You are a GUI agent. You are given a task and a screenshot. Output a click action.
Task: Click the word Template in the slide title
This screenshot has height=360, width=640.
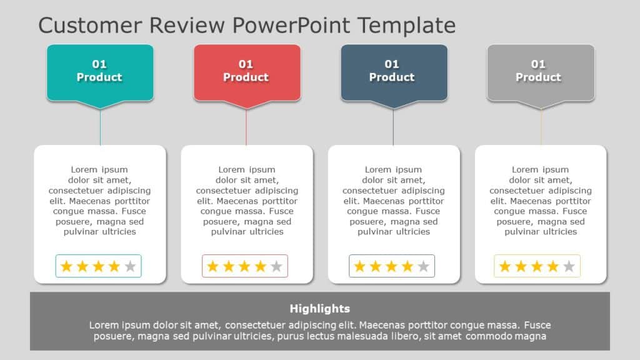pyautogui.click(x=406, y=26)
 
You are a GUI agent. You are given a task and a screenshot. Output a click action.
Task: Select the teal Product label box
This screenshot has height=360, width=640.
pyautogui.click(x=100, y=71)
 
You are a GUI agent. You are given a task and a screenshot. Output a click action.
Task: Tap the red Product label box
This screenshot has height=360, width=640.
pyautogui.click(x=246, y=71)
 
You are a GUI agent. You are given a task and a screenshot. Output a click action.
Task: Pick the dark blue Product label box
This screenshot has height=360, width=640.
pyautogui.click(x=394, y=71)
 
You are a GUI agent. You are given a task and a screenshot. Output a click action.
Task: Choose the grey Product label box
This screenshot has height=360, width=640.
pyautogui.click(x=541, y=71)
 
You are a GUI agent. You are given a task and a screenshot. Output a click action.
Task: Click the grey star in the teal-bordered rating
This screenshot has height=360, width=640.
pyautogui.click(x=130, y=267)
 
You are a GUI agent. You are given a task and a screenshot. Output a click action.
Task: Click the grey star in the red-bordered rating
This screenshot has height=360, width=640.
pyautogui.click(x=276, y=267)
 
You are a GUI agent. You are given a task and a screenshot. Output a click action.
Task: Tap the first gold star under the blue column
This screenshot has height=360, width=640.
pyautogui.click(x=359, y=267)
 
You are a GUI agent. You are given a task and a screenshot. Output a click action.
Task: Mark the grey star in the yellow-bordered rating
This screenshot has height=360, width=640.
pyautogui.click(x=569, y=267)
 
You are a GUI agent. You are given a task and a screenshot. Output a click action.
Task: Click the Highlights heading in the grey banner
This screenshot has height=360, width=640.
pyautogui.click(x=320, y=309)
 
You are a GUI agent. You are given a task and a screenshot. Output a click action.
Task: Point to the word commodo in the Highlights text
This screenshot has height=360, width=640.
pyautogui.click(x=491, y=336)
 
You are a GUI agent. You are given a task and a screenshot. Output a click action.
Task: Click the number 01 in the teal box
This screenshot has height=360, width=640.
pyautogui.click(x=99, y=64)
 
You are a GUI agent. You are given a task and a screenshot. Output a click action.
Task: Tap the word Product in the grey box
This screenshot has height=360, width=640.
pyautogui.click(x=538, y=77)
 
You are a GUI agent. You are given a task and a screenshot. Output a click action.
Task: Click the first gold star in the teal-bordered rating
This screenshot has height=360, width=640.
pyautogui.click(x=66, y=267)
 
